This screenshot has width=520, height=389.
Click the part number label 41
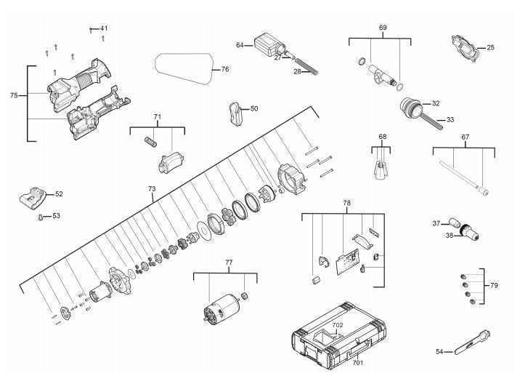coord(104,28)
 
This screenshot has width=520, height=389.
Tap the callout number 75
coord(14,95)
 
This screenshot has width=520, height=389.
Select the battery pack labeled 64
coord(269,45)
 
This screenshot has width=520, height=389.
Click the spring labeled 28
coord(307,66)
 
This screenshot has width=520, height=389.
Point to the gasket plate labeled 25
coord(466,49)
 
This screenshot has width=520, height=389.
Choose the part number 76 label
coord(225,69)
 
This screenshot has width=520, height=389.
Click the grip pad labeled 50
coord(236,114)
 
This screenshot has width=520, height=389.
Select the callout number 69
coord(383,28)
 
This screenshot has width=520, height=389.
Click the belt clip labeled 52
coord(32,198)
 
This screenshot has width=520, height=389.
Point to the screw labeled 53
coord(41,217)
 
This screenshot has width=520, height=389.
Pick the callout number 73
coord(152,188)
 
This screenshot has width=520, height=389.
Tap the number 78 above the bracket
coord(347,202)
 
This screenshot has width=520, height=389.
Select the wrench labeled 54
coord(473,342)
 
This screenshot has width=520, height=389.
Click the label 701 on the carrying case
coord(358,363)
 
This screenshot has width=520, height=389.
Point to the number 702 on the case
coord(338,325)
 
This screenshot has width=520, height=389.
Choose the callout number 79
coord(494,286)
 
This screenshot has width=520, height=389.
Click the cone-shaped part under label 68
coord(381,169)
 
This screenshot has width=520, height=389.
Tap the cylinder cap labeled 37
coord(453,222)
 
